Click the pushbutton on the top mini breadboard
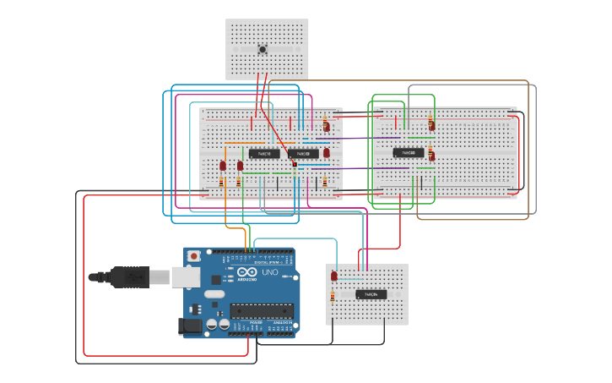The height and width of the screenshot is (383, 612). [x=263, y=50]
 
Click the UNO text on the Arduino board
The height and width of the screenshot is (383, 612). [x=270, y=273]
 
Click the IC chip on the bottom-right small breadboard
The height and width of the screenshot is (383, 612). [x=371, y=294]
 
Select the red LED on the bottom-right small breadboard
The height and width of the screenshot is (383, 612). [x=334, y=276]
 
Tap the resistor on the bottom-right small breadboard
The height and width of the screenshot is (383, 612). [x=333, y=296]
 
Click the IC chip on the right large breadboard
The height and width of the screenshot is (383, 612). [x=409, y=152]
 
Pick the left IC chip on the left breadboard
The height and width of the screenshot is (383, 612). [x=265, y=153]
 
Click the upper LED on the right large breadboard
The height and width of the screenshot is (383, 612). [x=431, y=124]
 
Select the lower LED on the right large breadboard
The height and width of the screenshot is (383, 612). [x=431, y=153]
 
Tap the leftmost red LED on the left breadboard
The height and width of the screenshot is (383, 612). [x=223, y=166]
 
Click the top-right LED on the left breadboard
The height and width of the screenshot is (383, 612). [x=327, y=126]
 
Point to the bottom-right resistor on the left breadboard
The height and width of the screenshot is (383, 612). [x=325, y=182]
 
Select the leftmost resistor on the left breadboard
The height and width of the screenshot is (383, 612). [x=222, y=182]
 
